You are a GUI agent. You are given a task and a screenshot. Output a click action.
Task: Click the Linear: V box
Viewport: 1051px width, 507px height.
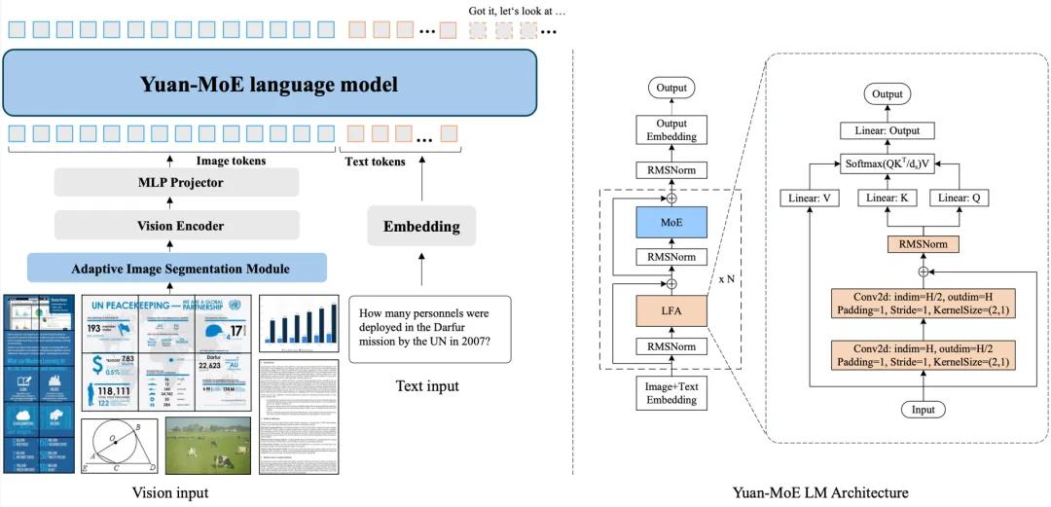808,198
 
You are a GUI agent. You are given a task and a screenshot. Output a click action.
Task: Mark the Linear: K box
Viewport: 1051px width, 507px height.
888,198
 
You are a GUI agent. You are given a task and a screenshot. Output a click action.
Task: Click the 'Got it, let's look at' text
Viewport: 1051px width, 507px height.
517,11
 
